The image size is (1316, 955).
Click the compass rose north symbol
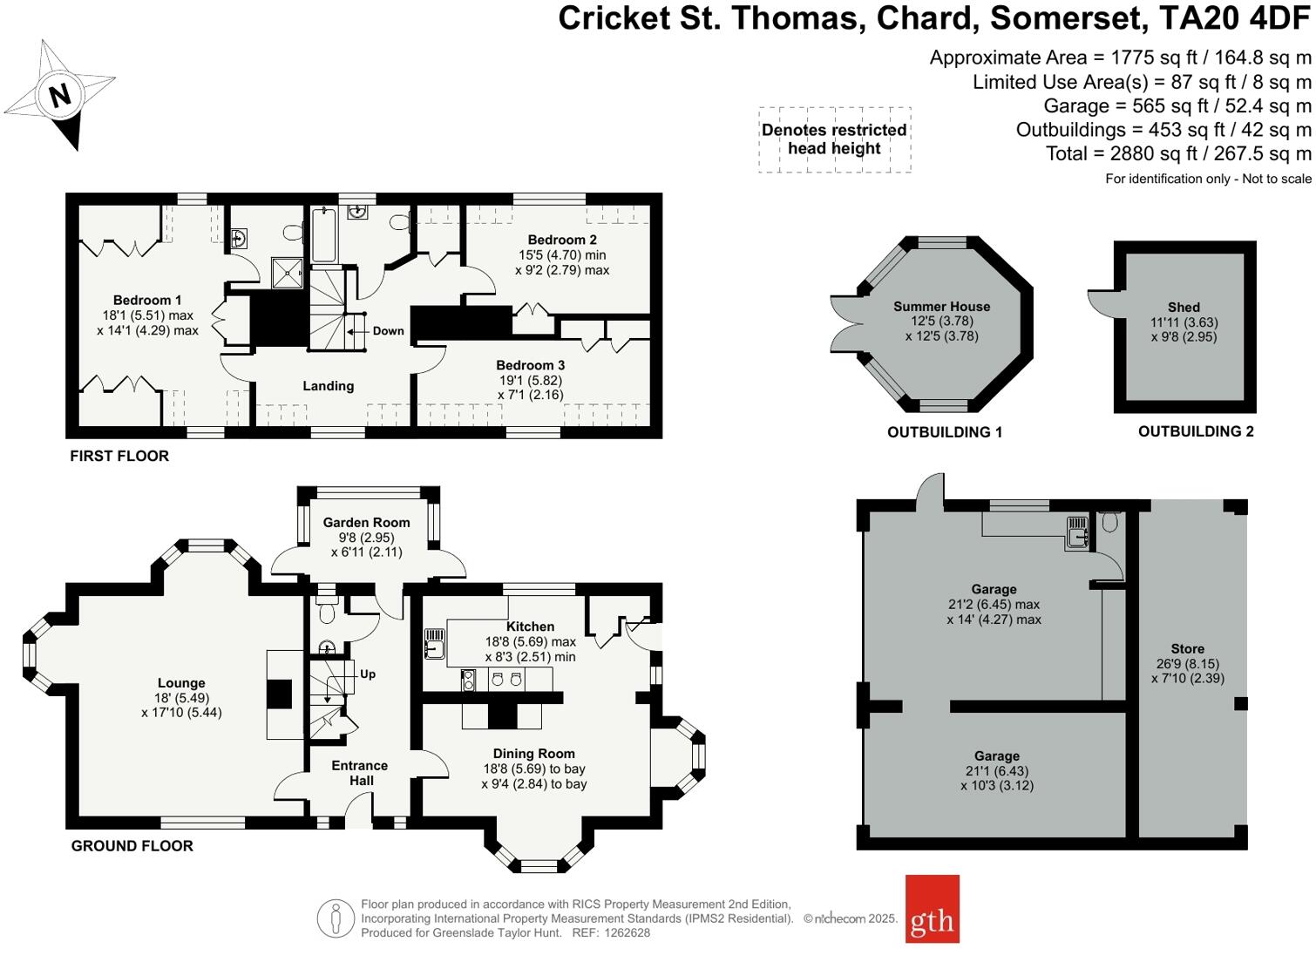59,94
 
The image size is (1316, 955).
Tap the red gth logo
932,909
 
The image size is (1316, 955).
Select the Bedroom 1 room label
147,301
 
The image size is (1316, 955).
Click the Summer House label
941,307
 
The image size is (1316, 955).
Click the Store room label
1187,649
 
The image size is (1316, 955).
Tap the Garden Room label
366,523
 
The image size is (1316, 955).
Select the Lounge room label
181,683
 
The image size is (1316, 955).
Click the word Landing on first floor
328,386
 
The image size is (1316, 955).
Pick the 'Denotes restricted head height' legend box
834,139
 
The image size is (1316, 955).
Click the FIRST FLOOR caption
119,456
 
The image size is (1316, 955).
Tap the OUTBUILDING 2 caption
1196,431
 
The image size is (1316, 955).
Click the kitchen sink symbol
433,645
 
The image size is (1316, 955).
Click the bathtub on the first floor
323,234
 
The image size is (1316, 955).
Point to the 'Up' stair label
368,674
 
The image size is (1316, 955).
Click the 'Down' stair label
388,331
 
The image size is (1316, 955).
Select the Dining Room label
533,754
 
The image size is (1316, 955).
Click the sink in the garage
1077,531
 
